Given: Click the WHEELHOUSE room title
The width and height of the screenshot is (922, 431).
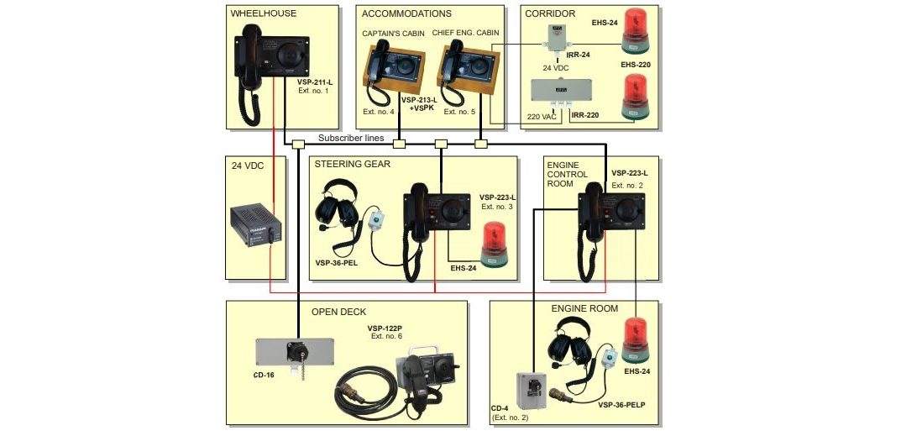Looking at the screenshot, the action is pyautogui.click(x=264, y=13).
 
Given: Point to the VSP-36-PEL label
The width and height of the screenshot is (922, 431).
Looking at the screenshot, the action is pyautogui.click(x=337, y=263).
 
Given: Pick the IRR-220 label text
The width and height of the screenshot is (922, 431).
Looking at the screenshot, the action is pyautogui.click(x=585, y=115).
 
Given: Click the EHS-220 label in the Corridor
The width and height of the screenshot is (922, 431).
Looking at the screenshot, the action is pyautogui.click(x=636, y=65).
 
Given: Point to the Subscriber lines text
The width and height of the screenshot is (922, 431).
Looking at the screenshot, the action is pyautogui.click(x=351, y=138).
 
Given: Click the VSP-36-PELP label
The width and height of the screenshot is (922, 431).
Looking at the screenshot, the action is pyautogui.click(x=621, y=405).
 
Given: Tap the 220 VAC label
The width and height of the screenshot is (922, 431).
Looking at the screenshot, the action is pyautogui.click(x=542, y=117).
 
